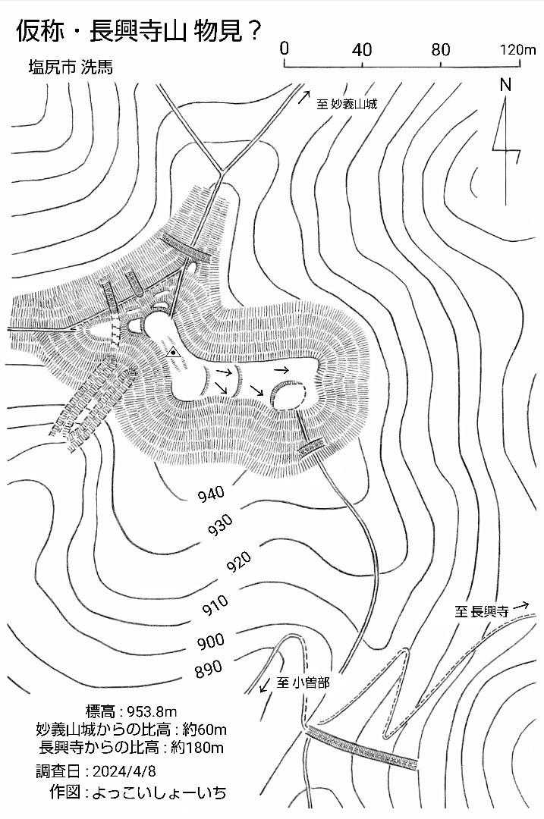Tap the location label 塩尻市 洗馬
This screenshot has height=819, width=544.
pyautogui.click(x=71, y=67)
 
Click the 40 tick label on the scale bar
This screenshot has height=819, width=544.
pyautogui.click(x=362, y=49)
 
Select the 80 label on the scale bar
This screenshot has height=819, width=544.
pyautogui.click(x=441, y=49)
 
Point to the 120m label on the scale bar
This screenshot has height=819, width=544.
pyautogui.click(x=518, y=49)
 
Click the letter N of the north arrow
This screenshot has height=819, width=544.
pyautogui.click(x=505, y=85)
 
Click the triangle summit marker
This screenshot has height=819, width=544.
pyautogui.click(x=172, y=352)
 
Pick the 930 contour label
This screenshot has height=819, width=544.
pyautogui.click(x=220, y=526)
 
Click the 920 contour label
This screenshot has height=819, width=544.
pyautogui.click(x=238, y=561)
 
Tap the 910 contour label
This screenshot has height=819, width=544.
pyautogui.click(x=215, y=605)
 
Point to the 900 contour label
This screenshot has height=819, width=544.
pyautogui.click(x=211, y=641)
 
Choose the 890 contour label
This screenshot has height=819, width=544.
pyautogui.click(x=209, y=669)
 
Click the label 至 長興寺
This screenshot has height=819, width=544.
pyautogui.click(x=481, y=611)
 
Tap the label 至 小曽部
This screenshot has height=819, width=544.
pyautogui.click(x=303, y=682)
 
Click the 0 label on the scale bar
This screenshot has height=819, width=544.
pyautogui.click(x=284, y=49)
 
